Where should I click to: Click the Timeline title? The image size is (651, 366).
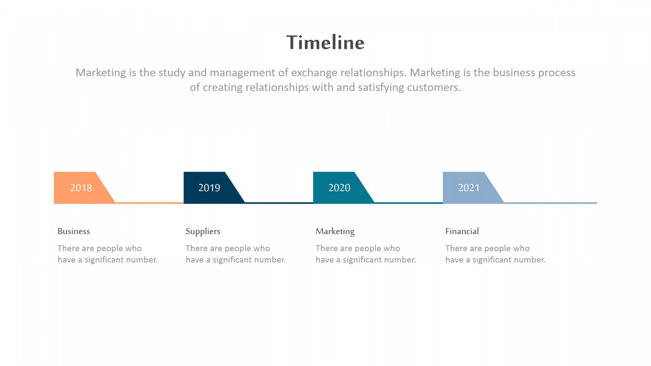(x=325, y=42)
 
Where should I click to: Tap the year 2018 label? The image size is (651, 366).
(x=81, y=188)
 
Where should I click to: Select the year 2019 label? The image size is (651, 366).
(x=209, y=188)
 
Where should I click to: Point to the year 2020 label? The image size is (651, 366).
(x=339, y=188)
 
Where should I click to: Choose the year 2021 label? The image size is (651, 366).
(x=469, y=188)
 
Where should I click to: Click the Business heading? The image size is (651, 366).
(x=74, y=231)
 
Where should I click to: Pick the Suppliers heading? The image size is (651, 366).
(x=203, y=231)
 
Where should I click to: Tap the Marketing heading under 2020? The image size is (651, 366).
(x=335, y=231)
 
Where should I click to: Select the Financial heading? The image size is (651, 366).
(x=462, y=231)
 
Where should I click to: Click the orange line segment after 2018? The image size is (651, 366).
(x=149, y=203)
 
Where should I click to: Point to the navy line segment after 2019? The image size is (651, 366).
(x=279, y=203)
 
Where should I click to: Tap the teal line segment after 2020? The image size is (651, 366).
(x=409, y=203)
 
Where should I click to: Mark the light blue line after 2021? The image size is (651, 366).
(x=550, y=203)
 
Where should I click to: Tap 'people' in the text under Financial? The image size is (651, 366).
(x=498, y=249)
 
